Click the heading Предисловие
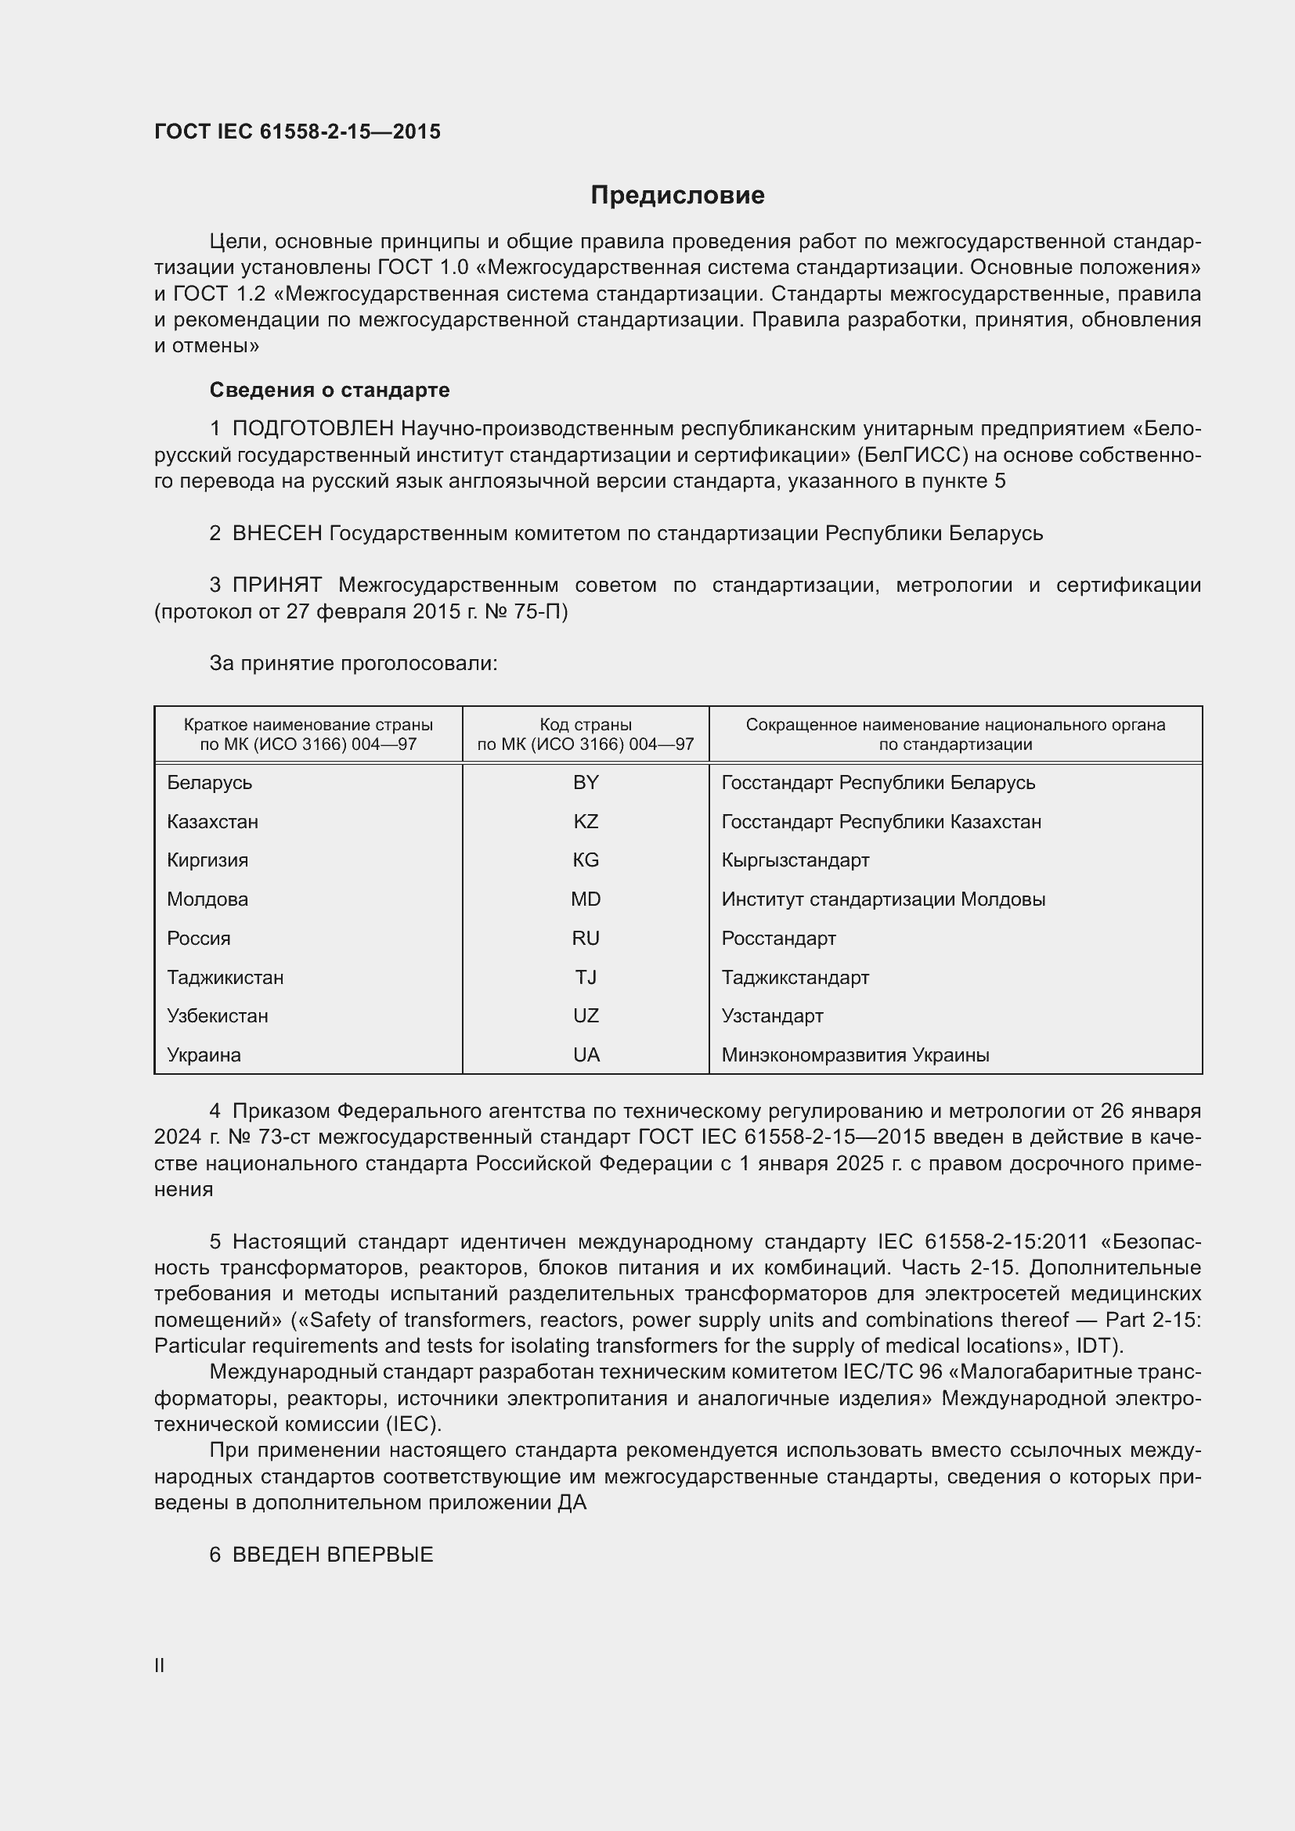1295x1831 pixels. click(x=677, y=196)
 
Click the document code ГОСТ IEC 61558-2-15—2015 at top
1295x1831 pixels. click(x=297, y=132)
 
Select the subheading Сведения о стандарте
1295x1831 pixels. click(x=330, y=390)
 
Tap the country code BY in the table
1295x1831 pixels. click(x=586, y=782)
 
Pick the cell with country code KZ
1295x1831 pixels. click(x=586, y=821)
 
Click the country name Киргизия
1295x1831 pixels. click(x=207, y=860)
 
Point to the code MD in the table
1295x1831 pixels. click(x=586, y=899)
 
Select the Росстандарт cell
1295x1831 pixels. click(x=778, y=939)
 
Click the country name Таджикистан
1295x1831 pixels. click(x=225, y=978)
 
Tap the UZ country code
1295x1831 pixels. click(x=586, y=1016)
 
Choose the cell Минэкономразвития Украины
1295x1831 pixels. click(x=855, y=1055)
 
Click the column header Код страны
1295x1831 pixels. click(x=586, y=725)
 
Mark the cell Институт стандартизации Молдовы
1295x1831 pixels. click(x=882, y=899)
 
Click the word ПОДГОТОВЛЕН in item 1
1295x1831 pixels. click(x=313, y=429)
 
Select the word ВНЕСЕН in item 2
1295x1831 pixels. click(x=276, y=534)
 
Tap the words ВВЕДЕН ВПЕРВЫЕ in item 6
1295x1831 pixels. click(x=333, y=1555)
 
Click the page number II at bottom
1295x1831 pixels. click(x=160, y=1665)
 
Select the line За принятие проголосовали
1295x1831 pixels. click(x=353, y=664)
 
